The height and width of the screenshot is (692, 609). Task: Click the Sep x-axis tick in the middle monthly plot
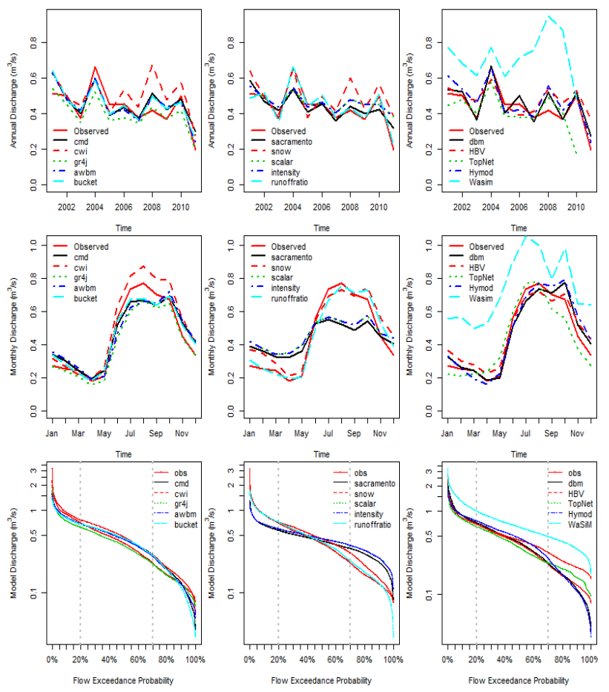point(354,432)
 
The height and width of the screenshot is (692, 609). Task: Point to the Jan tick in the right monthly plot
point(447,432)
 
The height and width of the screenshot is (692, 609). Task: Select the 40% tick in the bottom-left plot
point(109,659)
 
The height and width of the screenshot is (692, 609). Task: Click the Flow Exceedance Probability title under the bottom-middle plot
point(321,680)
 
